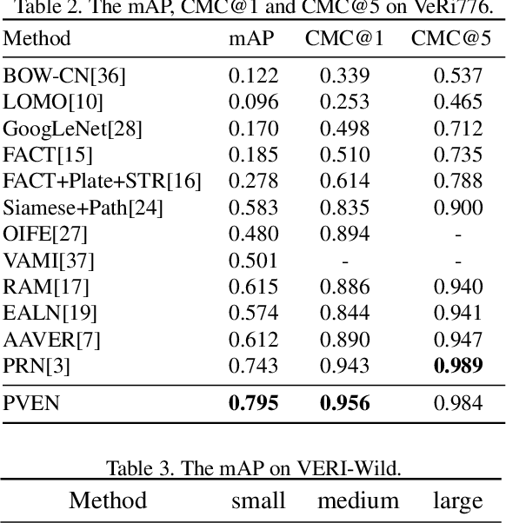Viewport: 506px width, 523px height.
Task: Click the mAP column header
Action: point(251,39)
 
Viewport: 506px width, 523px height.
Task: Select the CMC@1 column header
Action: point(344,39)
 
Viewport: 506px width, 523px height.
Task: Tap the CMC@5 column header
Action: point(451,39)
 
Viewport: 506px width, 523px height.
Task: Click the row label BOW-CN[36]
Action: point(64,76)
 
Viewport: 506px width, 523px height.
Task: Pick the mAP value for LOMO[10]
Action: point(253,103)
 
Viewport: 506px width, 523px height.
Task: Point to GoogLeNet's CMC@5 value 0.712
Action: point(458,129)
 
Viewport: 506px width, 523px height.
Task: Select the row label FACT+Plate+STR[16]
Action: point(102,182)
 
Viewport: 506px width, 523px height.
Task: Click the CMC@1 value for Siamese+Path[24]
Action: point(344,208)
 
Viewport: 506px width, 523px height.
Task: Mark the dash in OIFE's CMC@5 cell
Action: point(458,235)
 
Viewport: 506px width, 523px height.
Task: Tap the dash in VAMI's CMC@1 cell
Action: point(344,261)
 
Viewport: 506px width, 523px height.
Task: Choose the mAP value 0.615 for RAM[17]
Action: point(253,287)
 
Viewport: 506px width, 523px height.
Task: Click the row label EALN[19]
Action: point(50,313)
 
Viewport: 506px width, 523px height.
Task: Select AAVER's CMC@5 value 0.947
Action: point(458,339)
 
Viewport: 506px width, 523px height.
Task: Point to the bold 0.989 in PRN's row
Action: point(458,365)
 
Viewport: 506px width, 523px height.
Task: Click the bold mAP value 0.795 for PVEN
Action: point(253,403)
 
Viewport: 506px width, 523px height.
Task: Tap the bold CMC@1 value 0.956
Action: point(344,403)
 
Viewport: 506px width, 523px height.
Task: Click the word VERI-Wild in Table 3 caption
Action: point(355,469)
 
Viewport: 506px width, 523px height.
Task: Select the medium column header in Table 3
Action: point(357,501)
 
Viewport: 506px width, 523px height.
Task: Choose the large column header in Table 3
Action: point(457,501)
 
